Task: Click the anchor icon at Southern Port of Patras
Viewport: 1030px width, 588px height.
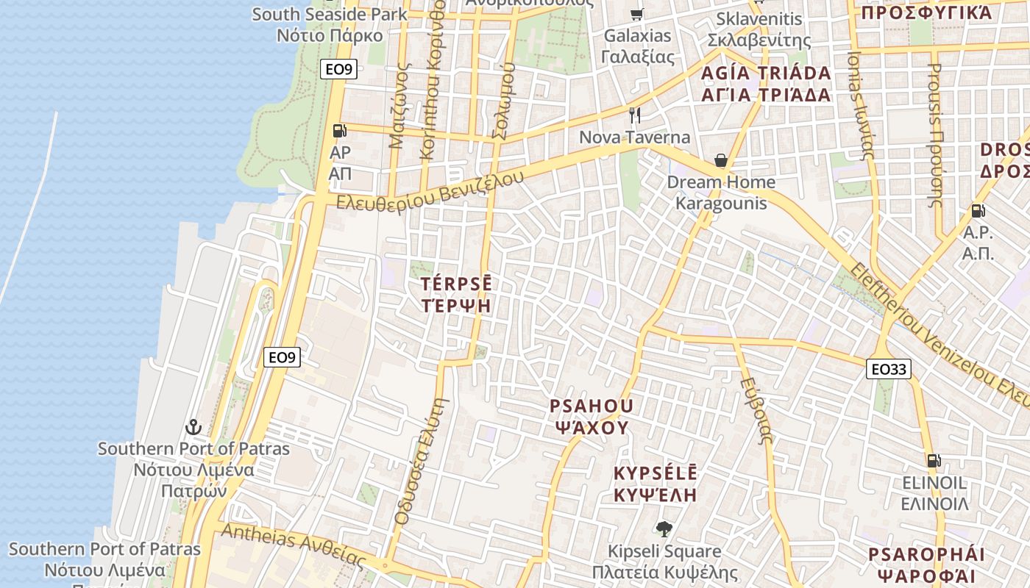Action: coord(193,427)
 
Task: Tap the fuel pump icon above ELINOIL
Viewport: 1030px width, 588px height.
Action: coord(934,462)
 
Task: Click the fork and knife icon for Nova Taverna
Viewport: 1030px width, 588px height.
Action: coord(635,115)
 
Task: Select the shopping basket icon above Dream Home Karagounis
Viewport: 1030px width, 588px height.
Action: coord(721,160)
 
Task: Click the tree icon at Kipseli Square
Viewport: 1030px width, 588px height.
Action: coord(664,528)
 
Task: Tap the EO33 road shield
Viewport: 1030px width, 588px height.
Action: coord(888,369)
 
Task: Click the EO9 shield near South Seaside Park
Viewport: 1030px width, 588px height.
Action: coord(340,70)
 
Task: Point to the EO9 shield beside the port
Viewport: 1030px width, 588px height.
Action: coord(282,357)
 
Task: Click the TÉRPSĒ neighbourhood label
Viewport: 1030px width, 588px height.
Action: coord(456,284)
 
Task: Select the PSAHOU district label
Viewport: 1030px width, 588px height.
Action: coord(592,406)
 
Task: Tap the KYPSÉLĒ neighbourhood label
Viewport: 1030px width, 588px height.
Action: coord(656,473)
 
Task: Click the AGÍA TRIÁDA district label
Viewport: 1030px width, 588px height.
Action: coord(766,73)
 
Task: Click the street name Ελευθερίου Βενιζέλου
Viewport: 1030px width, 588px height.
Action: coord(430,190)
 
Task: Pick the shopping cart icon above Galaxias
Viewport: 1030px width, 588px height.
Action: coord(637,14)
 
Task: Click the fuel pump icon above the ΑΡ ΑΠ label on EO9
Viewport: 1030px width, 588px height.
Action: coord(339,131)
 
